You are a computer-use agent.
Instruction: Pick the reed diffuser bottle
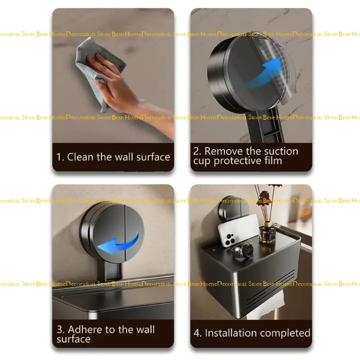pos(268,234)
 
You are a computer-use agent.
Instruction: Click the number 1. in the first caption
pos(60,157)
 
